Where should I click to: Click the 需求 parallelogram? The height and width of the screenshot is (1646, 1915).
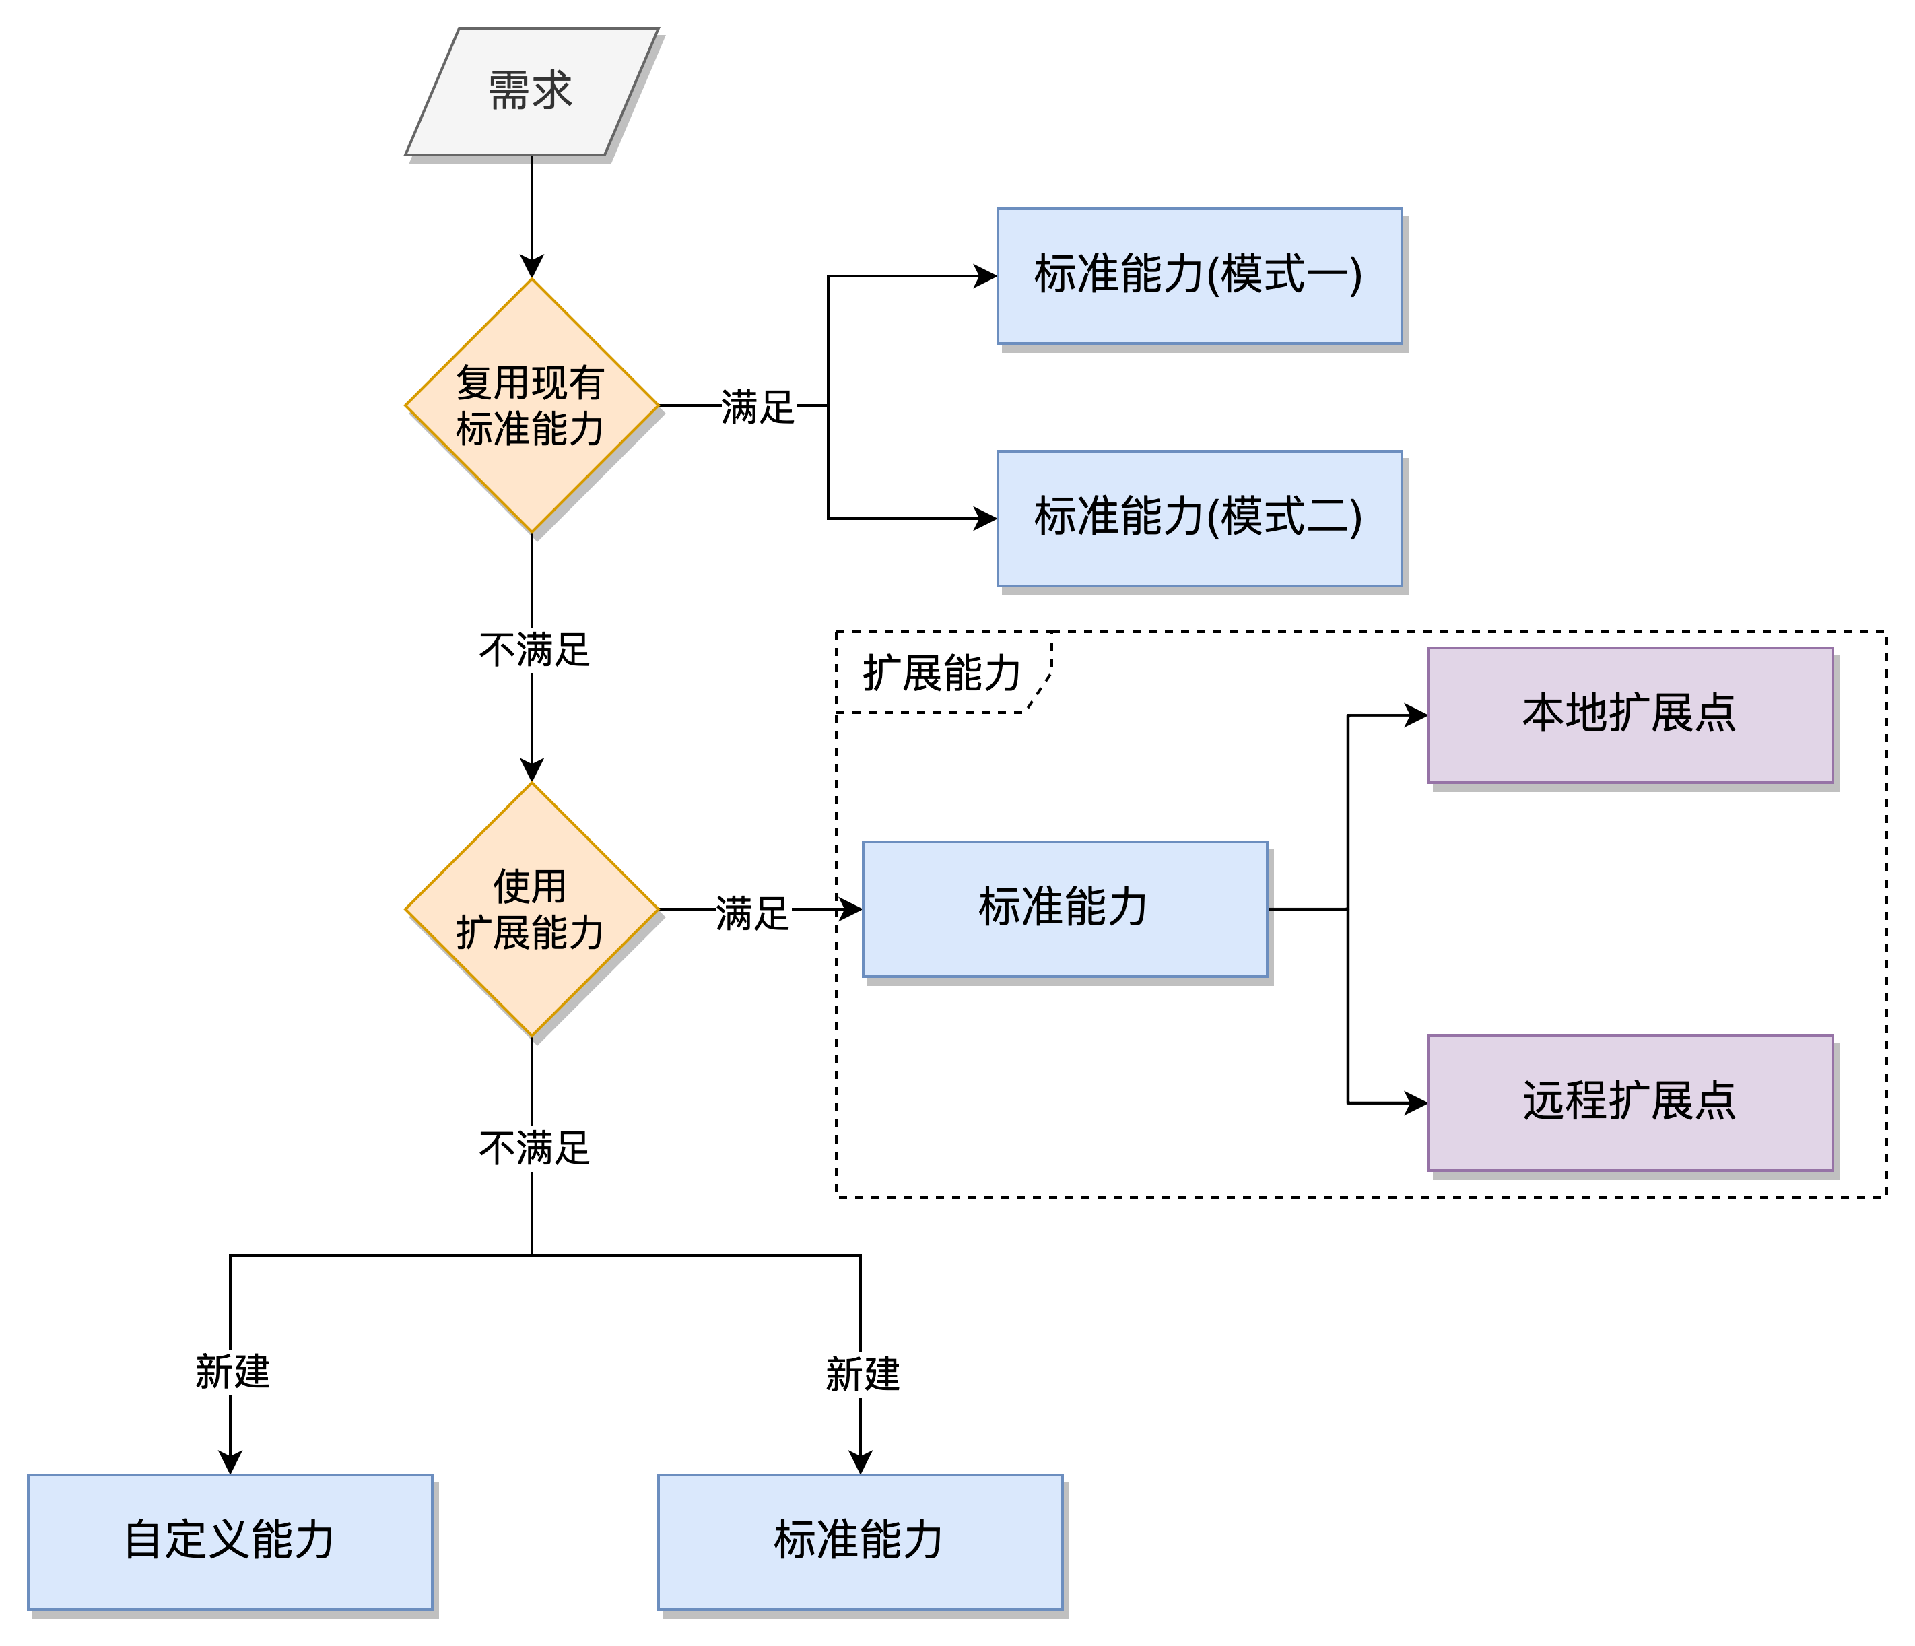[x=531, y=92]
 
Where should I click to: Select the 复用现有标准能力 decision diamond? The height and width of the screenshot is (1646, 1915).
[x=531, y=405]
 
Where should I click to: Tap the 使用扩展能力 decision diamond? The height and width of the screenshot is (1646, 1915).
[x=531, y=909]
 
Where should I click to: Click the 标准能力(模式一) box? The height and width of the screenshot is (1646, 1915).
[x=1199, y=276]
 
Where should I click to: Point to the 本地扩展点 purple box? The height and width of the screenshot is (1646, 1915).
[x=1630, y=715]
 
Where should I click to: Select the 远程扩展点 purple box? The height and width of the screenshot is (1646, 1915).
[x=1630, y=1102]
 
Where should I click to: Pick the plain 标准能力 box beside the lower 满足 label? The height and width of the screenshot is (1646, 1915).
[x=1065, y=909]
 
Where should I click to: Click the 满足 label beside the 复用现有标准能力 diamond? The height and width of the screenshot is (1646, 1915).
[x=758, y=407]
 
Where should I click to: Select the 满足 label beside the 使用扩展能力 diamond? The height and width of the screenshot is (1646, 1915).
[x=753, y=914]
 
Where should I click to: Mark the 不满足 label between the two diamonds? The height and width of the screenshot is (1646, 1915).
[x=535, y=650]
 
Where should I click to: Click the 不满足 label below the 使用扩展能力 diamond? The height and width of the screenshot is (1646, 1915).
[x=535, y=1148]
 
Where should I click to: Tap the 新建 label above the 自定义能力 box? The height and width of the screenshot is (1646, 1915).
[x=233, y=1371]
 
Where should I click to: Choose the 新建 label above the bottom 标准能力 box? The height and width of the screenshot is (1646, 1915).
[x=863, y=1375]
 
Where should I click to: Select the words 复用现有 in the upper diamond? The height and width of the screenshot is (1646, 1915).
[x=529, y=383]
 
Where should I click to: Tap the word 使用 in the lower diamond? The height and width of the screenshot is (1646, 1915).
[x=529, y=886]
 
